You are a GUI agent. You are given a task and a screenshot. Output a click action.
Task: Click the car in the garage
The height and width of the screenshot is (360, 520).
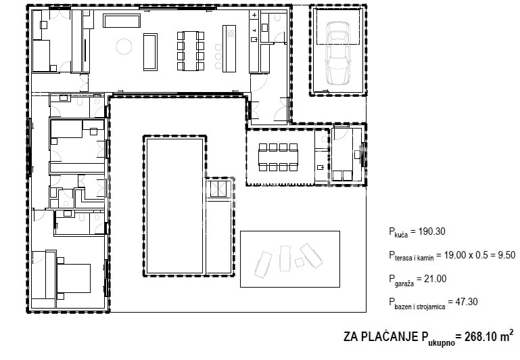point(338,53)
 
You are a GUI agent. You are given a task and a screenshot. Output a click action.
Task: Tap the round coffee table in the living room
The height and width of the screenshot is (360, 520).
point(124,46)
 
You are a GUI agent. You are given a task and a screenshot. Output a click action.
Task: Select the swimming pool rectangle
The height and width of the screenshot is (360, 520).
point(174,206)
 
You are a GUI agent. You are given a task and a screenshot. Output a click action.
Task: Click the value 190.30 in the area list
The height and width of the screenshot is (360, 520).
point(432,231)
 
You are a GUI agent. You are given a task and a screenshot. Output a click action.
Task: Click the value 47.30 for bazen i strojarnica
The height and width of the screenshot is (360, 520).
point(467,302)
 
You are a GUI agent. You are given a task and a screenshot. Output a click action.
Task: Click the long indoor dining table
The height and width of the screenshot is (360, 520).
point(191,51)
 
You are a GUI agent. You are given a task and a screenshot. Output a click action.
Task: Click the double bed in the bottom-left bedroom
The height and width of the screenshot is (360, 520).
point(73,278)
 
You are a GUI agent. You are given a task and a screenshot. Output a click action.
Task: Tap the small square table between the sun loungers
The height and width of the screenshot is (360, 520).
point(300,262)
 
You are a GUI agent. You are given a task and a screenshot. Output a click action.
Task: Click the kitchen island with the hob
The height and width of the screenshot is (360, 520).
point(229,49)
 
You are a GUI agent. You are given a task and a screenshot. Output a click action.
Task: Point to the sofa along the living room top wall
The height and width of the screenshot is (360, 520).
point(122,20)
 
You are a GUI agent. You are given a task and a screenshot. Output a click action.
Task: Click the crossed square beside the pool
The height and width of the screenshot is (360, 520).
point(218,189)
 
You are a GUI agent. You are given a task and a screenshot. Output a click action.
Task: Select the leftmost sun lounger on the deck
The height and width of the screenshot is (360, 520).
point(263,265)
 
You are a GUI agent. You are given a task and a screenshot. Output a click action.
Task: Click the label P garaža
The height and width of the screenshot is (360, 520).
point(401,280)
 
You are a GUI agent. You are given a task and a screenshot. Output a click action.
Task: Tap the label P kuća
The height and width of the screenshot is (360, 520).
point(398,233)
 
